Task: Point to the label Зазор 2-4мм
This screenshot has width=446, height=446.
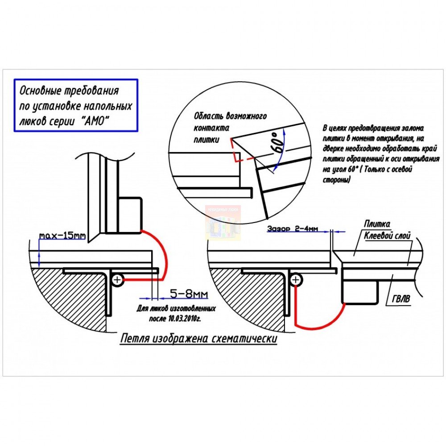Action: point(293,229)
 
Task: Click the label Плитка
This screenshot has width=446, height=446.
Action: point(377,224)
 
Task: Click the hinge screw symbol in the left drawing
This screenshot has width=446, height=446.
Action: point(117,280)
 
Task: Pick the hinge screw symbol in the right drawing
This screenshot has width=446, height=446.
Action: point(296,280)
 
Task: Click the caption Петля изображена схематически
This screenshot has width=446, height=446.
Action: point(198,339)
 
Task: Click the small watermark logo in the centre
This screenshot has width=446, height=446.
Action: point(223,223)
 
